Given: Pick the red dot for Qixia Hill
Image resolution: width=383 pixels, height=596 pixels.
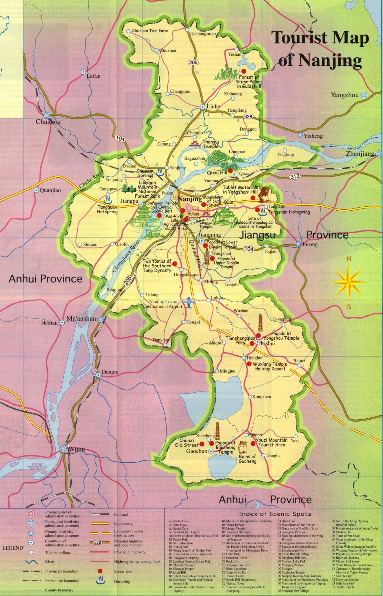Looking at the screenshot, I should point(230,171).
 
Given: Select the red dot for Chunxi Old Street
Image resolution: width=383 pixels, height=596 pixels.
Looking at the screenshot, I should point(202,444).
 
